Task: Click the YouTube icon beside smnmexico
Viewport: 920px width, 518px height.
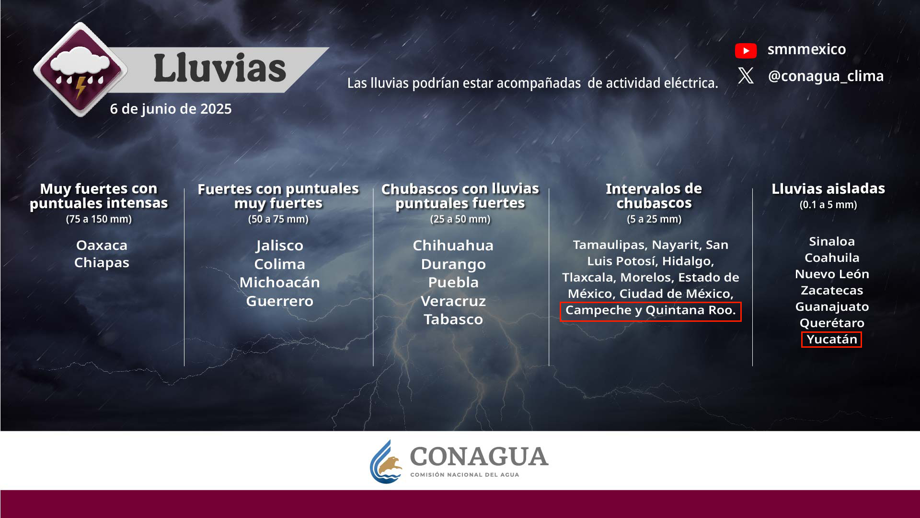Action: [746, 50]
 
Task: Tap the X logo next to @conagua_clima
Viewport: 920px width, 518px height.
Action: [746, 76]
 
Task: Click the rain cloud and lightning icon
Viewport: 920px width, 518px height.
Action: [80, 70]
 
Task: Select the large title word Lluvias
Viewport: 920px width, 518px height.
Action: [219, 68]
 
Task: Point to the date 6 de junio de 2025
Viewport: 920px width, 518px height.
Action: [171, 109]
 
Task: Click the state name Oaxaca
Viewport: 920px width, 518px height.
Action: [102, 245]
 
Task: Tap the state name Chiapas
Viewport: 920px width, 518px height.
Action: [102, 263]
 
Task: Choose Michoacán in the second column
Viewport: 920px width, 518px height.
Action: [280, 283]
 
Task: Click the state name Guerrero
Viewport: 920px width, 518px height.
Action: [280, 301]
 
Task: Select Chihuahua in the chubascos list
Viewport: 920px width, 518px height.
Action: [453, 246]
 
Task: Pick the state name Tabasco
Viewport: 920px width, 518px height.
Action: [453, 319]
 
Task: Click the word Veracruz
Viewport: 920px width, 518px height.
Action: [453, 301]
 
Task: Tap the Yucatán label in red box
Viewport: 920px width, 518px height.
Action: [831, 340]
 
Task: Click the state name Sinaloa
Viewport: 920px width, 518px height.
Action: [832, 242]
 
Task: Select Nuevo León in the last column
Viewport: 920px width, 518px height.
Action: [832, 274]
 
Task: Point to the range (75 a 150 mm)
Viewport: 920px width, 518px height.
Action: [99, 219]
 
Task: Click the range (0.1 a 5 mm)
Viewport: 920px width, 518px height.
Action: [828, 205]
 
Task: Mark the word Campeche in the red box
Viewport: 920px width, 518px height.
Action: [598, 310]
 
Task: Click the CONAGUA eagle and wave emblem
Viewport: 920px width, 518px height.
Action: [386, 462]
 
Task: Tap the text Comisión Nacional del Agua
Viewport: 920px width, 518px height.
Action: [464, 475]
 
